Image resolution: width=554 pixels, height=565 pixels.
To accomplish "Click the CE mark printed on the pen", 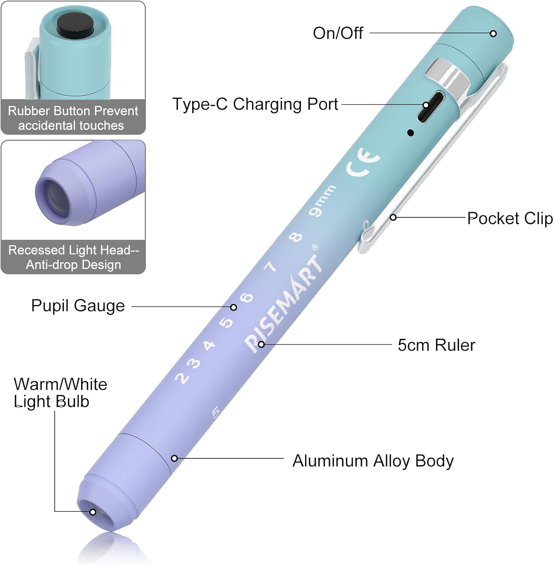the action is (x=363, y=162).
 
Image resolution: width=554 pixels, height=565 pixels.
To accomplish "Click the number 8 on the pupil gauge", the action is (x=295, y=237).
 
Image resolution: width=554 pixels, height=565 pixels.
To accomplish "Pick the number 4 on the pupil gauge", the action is (x=209, y=345).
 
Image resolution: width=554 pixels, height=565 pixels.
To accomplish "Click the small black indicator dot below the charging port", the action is (x=411, y=133).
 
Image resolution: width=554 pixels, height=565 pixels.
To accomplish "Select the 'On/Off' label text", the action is (x=338, y=33).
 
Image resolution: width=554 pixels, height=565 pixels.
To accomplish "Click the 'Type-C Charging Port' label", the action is (x=255, y=104).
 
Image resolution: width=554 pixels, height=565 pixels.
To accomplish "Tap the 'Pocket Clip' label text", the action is (x=510, y=218).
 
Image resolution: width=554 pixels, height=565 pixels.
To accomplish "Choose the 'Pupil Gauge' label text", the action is (x=78, y=305).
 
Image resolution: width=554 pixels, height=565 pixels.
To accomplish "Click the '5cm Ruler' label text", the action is (x=436, y=345).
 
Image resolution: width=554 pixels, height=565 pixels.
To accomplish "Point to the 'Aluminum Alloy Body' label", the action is (x=373, y=461).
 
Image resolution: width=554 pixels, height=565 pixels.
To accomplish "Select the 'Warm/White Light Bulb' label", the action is (x=60, y=393).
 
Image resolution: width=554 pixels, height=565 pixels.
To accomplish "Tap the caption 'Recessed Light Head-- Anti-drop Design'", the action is (x=73, y=257).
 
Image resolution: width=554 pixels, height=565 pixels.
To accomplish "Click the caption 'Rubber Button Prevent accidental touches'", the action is (x=73, y=118).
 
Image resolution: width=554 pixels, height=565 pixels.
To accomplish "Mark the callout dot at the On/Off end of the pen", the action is (x=493, y=34).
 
